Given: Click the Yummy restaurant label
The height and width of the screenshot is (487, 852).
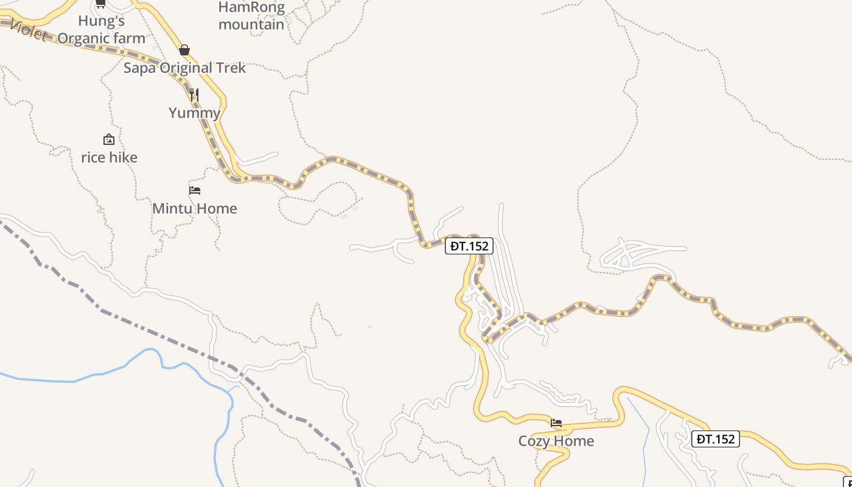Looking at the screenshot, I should (x=194, y=113).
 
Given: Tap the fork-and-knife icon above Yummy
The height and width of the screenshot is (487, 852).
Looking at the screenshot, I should (x=194, y=94).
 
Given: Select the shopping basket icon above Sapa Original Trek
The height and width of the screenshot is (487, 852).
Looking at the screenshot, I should (x=184, y=50).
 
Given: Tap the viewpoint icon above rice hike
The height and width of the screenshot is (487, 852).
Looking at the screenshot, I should (x=109, y=139).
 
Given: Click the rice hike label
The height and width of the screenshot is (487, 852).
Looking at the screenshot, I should (x=110, y=158).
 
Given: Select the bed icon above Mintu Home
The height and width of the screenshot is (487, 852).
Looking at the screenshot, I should (x=195, y=191).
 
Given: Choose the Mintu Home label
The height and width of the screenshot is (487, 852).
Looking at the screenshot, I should (x=195, y=209).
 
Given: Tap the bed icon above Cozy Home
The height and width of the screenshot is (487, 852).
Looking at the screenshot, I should (x=556, y=423).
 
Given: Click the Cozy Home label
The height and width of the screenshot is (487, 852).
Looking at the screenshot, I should (x=556, y=441).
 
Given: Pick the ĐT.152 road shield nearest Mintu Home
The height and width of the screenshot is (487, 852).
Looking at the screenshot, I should (x=469, y=246).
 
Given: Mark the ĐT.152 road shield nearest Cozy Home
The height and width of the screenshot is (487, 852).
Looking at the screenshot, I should (x=716, y=439).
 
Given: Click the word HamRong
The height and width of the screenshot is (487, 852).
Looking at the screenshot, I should (x=251, y=7).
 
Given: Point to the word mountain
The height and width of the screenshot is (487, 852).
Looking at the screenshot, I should (x=251, y=24).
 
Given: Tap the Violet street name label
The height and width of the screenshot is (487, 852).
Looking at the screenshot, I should (x=27, y=30).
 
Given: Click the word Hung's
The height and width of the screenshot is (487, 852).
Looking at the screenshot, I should (x=101, y=21).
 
